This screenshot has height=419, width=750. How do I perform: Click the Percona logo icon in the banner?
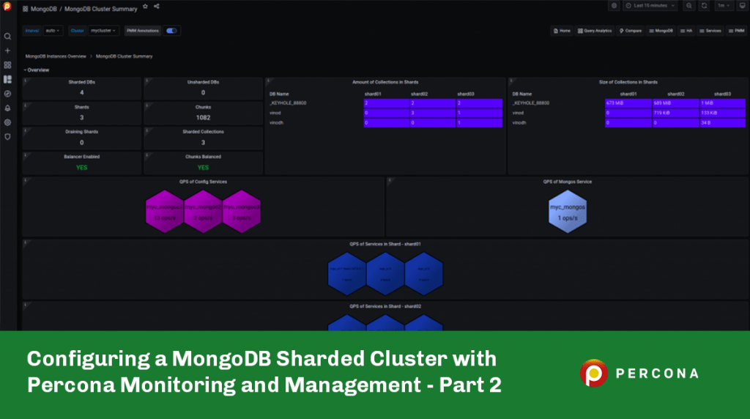[594, 373]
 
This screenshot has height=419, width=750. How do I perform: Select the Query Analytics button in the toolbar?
[594, 31]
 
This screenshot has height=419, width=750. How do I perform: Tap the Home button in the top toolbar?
[562, 31]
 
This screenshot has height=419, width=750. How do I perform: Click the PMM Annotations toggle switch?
[172, 31]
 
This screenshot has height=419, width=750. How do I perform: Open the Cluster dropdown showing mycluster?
[103, 31]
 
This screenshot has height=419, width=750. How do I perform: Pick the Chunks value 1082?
[203, 117]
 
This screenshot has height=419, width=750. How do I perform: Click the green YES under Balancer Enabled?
[81, 167]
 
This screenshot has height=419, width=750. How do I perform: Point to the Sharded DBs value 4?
[81, 93]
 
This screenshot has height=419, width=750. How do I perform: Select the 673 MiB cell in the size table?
[627, 103]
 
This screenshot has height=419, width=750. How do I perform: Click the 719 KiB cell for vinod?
[675, 113]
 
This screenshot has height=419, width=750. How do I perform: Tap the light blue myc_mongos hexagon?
[567, 211]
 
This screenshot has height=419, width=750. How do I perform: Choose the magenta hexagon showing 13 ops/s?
[164, 211]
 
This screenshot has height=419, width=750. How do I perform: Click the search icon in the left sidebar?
[7, 36]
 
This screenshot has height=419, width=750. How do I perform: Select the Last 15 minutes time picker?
[650, 6]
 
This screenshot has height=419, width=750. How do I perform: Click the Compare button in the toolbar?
[631, 31]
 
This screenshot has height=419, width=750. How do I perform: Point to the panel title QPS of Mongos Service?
[567, 182]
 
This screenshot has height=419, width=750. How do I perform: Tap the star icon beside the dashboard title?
[145, 6]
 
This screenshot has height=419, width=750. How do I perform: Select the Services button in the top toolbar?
[709, 31]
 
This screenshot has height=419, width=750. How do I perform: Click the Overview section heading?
[38, 70]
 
